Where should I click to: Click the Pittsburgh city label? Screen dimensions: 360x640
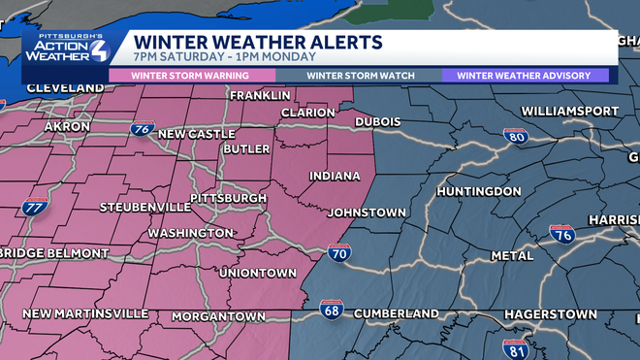(x=228, y=198)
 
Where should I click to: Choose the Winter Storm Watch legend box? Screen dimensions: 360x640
(x=361, y=75)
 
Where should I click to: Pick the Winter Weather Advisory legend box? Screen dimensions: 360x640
(x=525, y=75)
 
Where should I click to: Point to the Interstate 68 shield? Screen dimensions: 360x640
(x=331, y=311)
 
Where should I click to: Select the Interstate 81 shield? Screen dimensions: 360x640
(x=516, y=347)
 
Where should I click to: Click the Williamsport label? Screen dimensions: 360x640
(x=569, y=111)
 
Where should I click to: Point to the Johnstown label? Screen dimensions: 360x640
(x=367, y=212)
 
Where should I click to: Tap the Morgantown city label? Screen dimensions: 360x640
(x=218, y=316)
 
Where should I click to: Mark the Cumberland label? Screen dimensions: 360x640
(x=396, y=313)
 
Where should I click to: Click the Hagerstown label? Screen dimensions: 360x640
(x=550, y=315)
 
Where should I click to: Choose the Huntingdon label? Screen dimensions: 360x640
(x=479, y=191)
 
